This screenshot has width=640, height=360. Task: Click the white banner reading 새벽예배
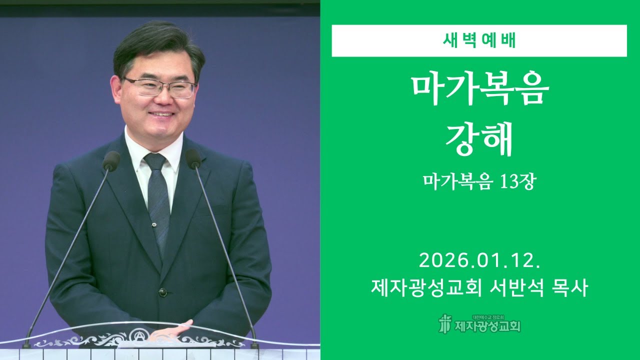click(x=479, y=40)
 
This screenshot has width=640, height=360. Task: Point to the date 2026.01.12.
click(x=479, y=260)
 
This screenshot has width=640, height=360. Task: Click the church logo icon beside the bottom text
click(x=444, y=324)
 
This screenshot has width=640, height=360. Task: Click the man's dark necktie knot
click(x=155, y=161)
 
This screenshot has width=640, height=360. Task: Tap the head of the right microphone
click(x=193, y=159)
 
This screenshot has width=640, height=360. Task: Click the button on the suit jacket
click(x=162, y=292)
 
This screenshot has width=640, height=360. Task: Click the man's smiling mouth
click(x=161, y=114)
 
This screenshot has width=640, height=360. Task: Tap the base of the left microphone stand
click(x=26, y=344)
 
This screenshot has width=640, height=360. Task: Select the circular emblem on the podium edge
click(x=137, y=336)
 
